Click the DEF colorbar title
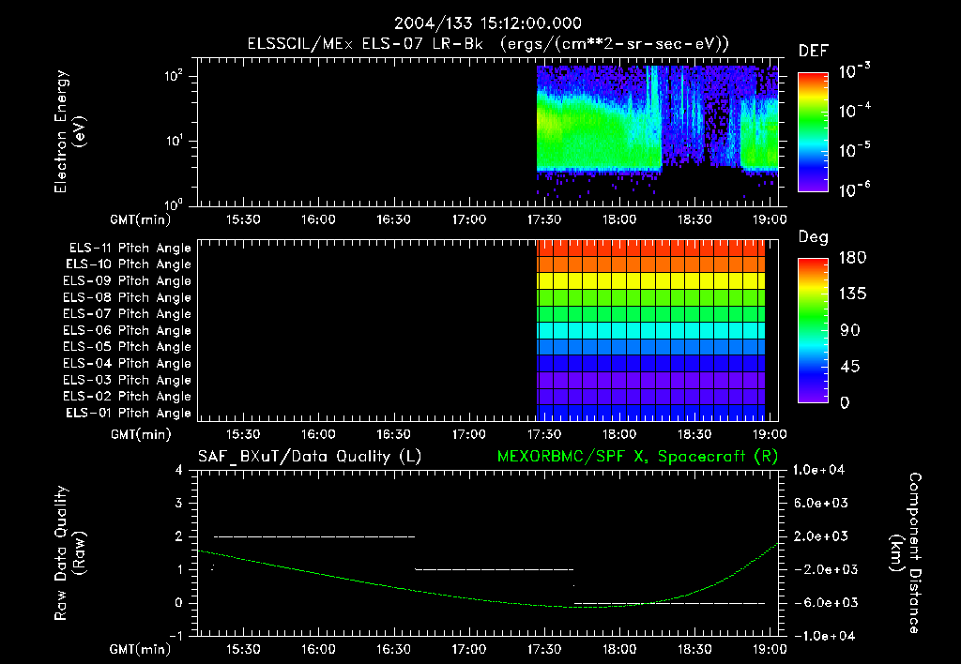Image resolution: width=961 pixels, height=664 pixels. click(813, 52)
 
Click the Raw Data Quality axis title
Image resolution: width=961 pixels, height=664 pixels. click(72, 552)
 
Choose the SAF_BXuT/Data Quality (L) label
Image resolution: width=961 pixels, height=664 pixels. click(309, 457)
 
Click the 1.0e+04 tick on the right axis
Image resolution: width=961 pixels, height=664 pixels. click(822, 470)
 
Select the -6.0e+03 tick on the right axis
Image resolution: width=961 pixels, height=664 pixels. click(822, 602)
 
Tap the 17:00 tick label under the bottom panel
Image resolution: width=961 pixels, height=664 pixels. click(467, 649)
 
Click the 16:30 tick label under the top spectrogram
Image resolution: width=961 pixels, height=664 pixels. click(392, 219)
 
